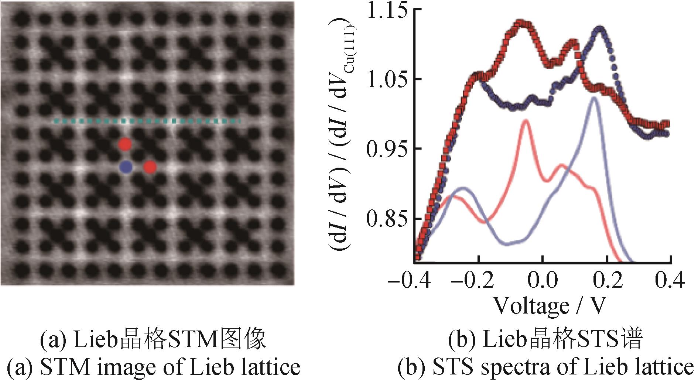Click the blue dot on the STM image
tap(126, 167)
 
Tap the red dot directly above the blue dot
tap(125, 144)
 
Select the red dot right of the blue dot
tap(150, 167)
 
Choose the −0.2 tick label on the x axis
tap(473, 281)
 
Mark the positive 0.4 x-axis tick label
tap(669, 281)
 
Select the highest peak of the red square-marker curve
tap(521, 23)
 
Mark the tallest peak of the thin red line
tap(526, 121)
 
